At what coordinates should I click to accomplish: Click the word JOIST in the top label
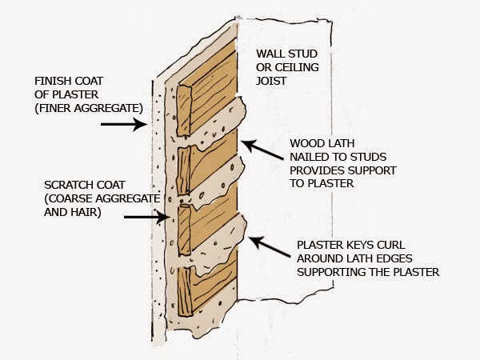click(x=272, y=82)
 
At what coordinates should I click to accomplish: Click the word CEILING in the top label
click(x=302, y=68)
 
